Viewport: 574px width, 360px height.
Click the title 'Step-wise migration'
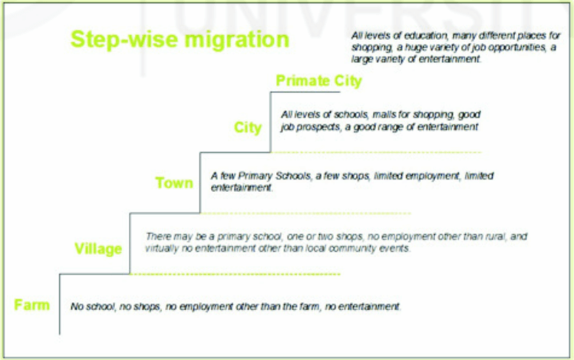[x=180, y=40]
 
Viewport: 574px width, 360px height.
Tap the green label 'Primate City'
[x=319, y=81]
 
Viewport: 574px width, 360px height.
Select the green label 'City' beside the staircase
[x=248, y=127]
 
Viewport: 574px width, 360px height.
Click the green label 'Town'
[x=174, y=183]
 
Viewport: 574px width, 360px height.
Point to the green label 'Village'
[x=98, y=249]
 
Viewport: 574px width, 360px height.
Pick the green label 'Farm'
[x=32, y=305]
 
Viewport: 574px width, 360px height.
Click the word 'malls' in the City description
[x=384, y=114]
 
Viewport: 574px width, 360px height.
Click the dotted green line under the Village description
[x=235, y=274]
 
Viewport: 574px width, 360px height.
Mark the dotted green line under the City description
[x=376, y=152]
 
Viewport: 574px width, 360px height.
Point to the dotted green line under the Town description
[x=305, y=213]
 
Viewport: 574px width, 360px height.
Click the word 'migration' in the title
[x=237, y=40]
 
